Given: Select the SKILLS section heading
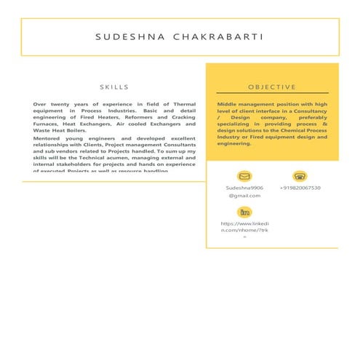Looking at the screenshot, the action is (x=114, y=87).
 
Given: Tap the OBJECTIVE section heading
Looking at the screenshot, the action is (x=272, y=87).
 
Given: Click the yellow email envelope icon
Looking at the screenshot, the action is (x=244, y=176).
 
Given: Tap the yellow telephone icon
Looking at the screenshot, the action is (x=300, y=176).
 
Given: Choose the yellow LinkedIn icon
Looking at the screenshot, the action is (x=244, y=212).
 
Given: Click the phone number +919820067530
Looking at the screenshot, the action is (x=300, y=188).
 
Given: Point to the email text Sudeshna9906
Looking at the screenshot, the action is (x=244, y=188).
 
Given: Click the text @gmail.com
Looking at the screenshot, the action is (x=244, y=196).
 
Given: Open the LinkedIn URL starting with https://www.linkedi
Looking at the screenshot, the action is (x=244, y=223).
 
